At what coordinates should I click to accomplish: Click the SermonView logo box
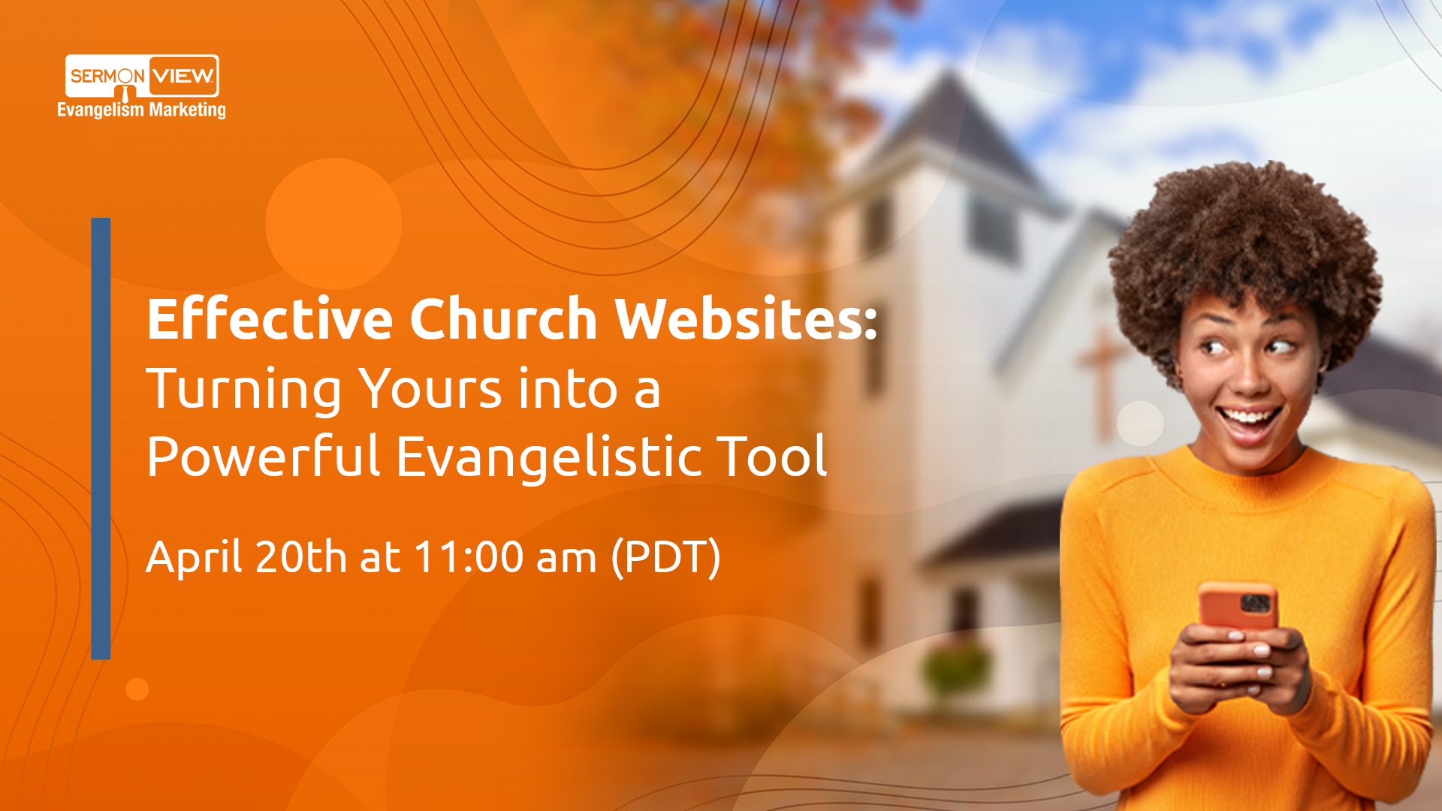142,75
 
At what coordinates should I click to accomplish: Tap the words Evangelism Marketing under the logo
141,110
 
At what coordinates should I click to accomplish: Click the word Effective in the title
270,318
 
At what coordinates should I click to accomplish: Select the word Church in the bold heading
503,318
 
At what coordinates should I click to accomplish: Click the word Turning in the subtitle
243,390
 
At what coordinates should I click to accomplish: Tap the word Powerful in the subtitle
263,457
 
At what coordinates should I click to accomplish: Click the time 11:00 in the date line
468,557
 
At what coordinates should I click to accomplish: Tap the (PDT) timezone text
666,557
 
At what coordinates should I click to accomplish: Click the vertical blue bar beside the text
101,439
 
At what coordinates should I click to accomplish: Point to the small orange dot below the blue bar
137,689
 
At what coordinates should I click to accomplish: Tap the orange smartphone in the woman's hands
1238,605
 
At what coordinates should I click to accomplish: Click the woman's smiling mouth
1250,418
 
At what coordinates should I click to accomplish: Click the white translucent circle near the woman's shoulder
1139,423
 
